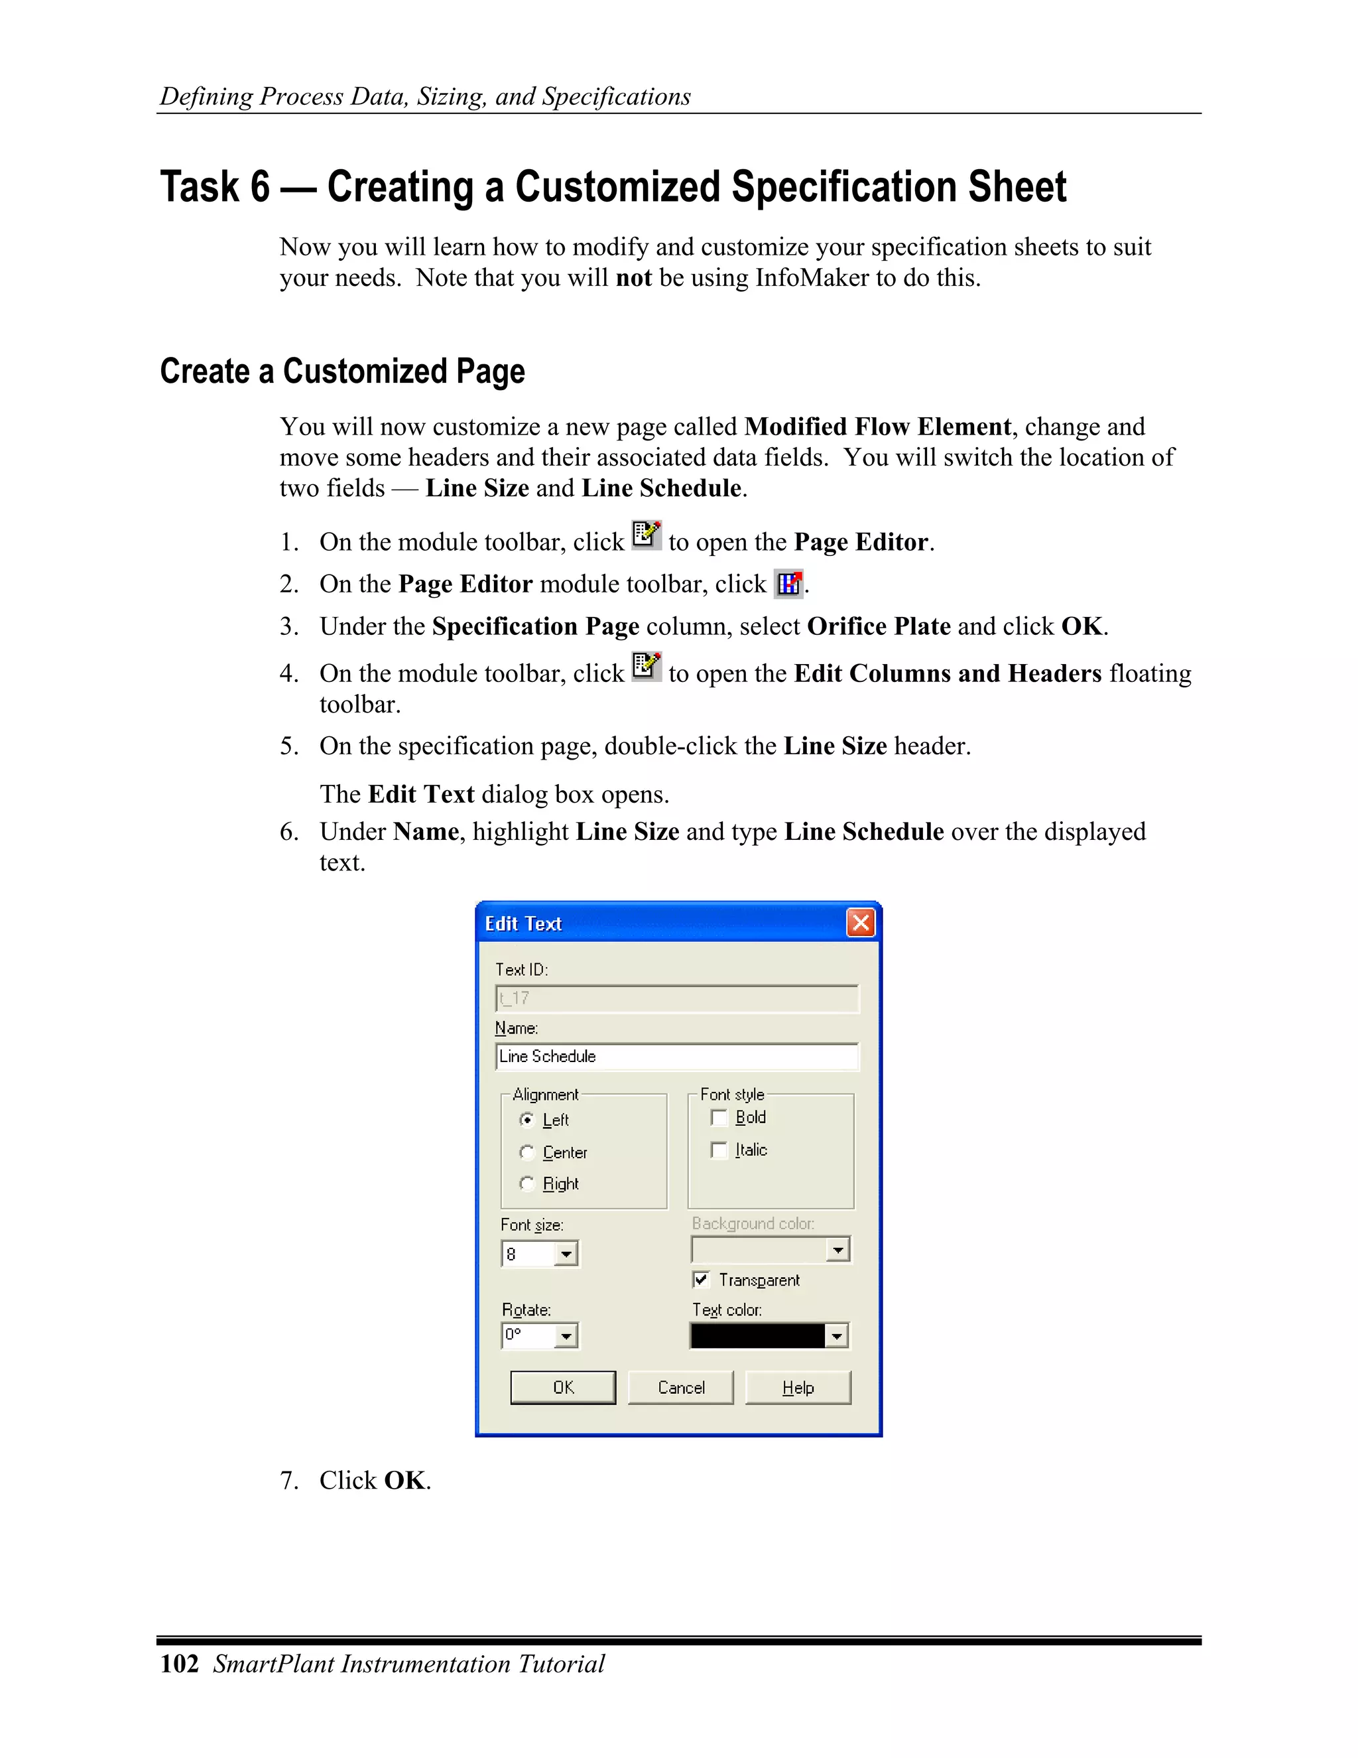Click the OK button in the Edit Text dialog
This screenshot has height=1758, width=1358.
(x=562, y=1387)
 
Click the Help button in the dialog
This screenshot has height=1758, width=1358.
(x=797, y=1387)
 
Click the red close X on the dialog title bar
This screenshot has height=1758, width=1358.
(x=860, y=923)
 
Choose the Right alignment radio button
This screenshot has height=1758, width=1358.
(x=527, y=1183)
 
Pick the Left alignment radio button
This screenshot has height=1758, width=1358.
(x=527, y=1120)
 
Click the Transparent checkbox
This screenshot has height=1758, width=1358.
(x=702, y=1279)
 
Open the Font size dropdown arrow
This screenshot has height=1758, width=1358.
(x=566, y=1254)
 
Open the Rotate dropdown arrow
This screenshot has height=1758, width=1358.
(x=566, y=1336)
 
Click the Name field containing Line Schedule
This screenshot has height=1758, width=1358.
(x=676, y=1056)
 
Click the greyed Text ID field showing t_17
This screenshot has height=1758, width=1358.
(x=676, y=998)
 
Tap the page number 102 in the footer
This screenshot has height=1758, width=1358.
(x=178, y=1664)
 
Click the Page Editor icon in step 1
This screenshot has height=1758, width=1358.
(x=646, y=535)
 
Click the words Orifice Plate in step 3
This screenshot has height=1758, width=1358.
(x=879, y=626)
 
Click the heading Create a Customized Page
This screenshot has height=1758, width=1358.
(x=342, y=371)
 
